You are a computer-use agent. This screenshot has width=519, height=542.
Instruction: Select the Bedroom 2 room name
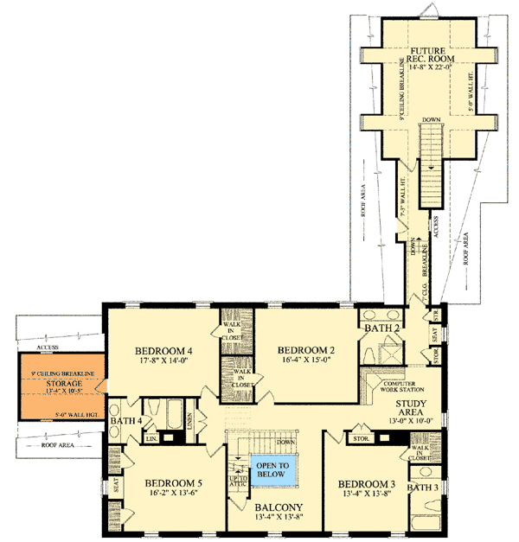point(305,349)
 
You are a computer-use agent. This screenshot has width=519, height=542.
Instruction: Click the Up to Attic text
point(236,481)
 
